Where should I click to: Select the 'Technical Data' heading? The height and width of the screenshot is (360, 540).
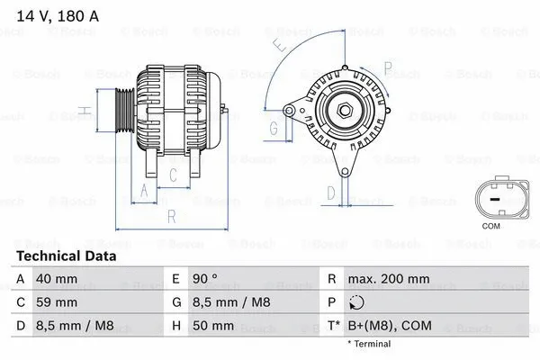(x=66, y=256)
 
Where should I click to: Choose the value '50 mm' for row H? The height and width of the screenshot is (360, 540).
(x=216, y=325)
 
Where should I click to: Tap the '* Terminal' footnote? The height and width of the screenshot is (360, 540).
(x=369, y=343)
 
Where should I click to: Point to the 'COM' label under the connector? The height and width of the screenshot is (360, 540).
(x=491, y=226)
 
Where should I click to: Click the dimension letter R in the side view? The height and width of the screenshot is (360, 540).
(x=171, y=216)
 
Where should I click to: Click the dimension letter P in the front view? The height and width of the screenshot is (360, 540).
(x=386, y=67)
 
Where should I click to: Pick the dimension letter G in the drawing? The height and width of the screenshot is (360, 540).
(x=274, y=129)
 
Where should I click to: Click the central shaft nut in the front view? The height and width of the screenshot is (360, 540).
(x=344, y=111)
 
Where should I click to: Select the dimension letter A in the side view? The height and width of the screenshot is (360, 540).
(x=142, y=189)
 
